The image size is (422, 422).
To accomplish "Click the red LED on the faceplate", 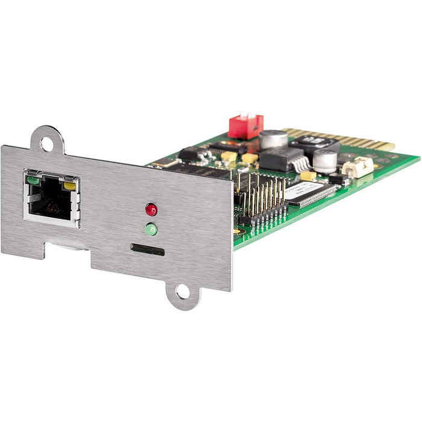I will point(151,209).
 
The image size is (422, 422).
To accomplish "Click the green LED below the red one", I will point(151,229).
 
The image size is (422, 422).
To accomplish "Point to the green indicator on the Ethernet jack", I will point(33,179).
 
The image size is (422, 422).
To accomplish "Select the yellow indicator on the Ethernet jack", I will point(70,186).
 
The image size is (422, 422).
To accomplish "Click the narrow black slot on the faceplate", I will point(147,249).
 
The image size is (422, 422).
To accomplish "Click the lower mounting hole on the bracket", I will point(183,294).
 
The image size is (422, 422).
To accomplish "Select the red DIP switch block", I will point(245,125).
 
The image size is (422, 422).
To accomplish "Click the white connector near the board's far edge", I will point(358,166).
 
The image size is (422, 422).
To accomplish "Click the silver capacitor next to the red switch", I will point(274,140).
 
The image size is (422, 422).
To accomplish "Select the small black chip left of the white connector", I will point(337,178).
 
